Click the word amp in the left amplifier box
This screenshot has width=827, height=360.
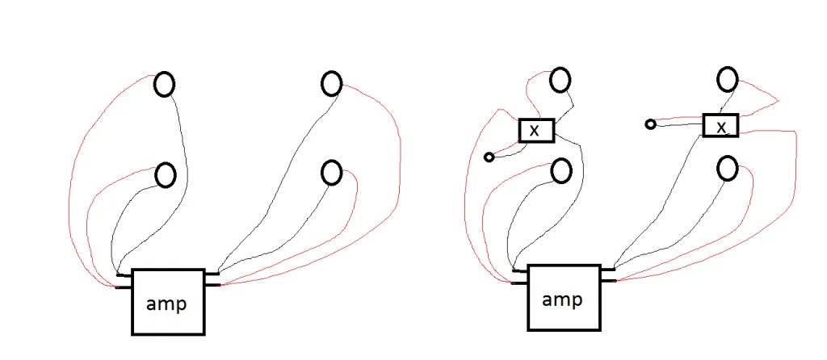166,304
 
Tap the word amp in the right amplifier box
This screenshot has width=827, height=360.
562,300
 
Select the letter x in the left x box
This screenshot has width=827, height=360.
535,131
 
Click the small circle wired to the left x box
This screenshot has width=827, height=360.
489,157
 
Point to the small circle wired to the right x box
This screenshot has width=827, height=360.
650,124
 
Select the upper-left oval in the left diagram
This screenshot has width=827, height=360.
164,84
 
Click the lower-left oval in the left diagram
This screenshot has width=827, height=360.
166,175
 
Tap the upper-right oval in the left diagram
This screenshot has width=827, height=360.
332,84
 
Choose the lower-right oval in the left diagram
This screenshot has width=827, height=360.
332,173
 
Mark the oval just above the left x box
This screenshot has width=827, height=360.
560,81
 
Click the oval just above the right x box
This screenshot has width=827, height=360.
728,79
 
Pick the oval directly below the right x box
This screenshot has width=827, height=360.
728,169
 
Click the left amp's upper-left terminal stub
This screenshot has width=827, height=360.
124,275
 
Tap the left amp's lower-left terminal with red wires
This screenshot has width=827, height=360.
124,287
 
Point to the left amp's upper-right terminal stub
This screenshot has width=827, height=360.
212,274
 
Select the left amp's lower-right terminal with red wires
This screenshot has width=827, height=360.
212,285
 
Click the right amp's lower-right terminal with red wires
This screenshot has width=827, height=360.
608,281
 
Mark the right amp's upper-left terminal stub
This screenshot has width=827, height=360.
520,271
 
